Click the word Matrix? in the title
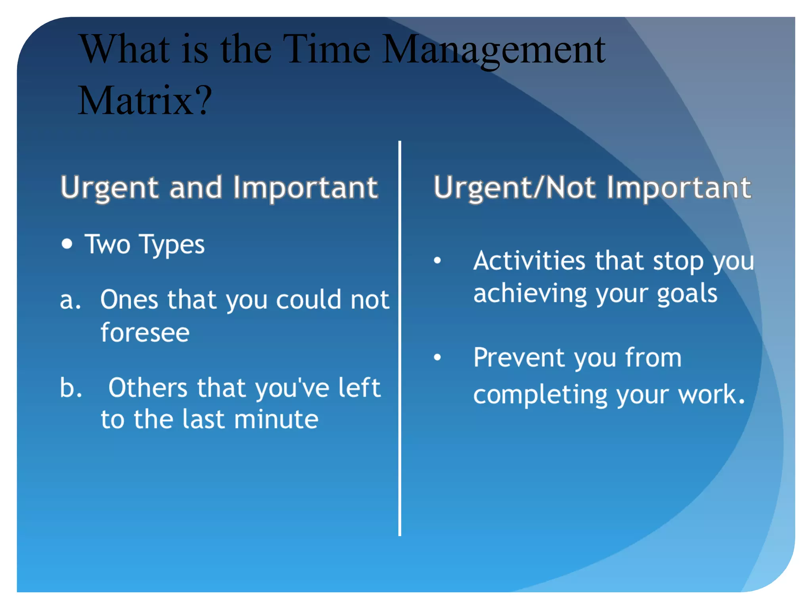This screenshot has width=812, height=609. [145, 101]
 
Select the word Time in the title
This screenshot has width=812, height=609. [326, 49]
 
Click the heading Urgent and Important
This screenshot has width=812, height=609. [219, 188]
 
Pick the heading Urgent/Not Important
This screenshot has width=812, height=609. [592, 188]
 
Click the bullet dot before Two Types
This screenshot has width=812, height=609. [67, 244]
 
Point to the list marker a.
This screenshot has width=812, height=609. [70, 300]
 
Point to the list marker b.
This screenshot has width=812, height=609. [71, 388]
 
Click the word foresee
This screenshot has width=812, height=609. [145, 332]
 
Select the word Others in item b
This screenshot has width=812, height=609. [148, 388]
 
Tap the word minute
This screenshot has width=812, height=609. [276, 419]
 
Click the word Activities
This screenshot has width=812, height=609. [529, 261]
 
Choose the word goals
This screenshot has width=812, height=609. [687, 294]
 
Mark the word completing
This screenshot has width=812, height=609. [540, 395]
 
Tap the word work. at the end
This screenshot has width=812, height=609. [711, 395]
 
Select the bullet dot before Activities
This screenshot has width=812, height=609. [437, 260]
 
